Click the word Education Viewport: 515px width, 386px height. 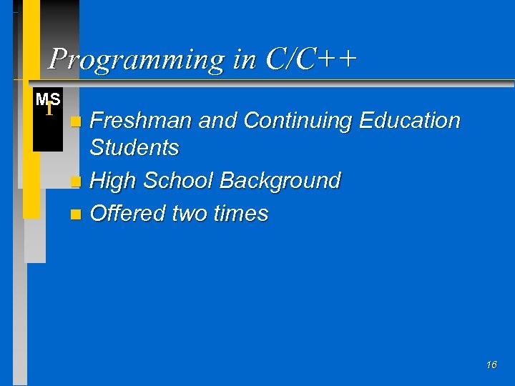(x=409, y=121)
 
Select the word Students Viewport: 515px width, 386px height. (x=134, y=148)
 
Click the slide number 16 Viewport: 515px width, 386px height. (x=491, y=365)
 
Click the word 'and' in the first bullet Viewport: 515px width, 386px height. (x=217, y=121)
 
